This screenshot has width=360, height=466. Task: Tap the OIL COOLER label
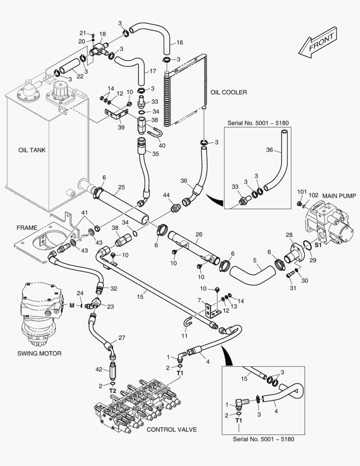click(229, 92)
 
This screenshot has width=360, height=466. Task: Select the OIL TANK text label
click(31, 150)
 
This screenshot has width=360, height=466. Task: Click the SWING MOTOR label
click(39, 353)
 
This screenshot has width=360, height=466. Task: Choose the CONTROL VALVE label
click(172, 429)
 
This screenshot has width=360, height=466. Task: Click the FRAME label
click(26, 227)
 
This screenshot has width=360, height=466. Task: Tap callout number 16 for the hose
click(179, 42)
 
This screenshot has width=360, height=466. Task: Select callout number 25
click(122, 187)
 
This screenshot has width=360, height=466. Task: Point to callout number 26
click(199, 235)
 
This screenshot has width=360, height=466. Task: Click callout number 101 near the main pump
click(301, 192)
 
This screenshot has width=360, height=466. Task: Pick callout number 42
click(99, 369)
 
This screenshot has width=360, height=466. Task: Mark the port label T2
click(112, 391)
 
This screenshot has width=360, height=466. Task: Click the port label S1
click(318, 245)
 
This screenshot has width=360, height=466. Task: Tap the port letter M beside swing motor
click(72, 305)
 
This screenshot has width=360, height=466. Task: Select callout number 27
click(121, 338)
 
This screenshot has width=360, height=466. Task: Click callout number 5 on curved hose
click(255, 260)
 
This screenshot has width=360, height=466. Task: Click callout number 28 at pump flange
click(289, 234)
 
